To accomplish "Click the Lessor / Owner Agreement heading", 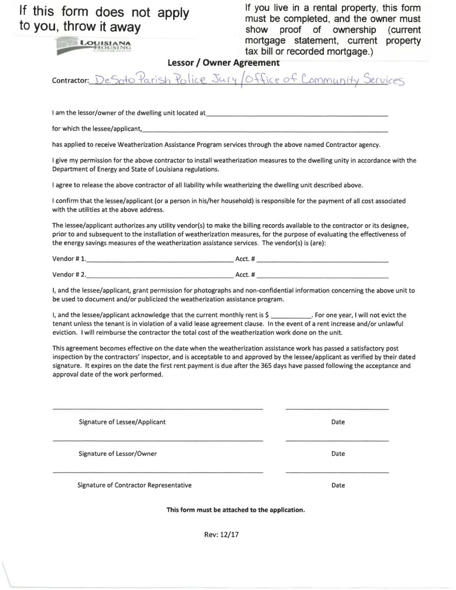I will pos(223,63).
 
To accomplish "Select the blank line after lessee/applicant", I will pos(265,131).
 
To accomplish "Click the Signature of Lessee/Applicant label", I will pos(122,422).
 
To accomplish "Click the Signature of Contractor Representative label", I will pos(134,485).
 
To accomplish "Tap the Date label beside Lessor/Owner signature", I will pos(338,454).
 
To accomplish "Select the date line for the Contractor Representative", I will pos(337,472).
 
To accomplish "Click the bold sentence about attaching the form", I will pos(236,510).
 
